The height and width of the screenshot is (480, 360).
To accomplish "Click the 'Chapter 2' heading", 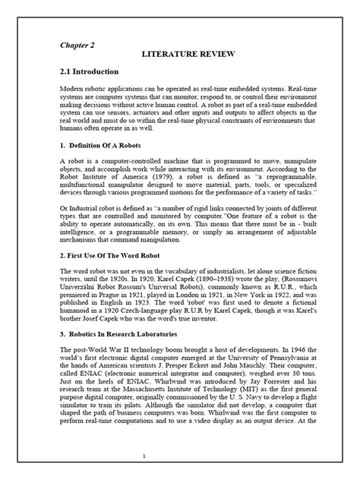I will (x=78, y=44).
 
